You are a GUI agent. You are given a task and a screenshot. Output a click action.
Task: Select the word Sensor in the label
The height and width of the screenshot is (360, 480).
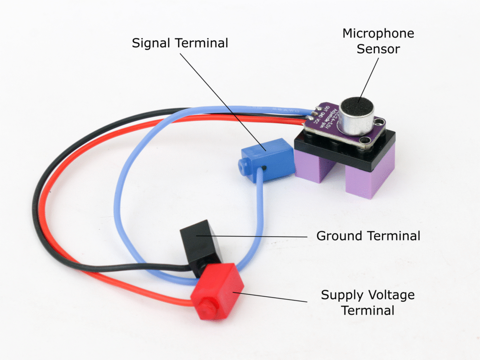point(378,49)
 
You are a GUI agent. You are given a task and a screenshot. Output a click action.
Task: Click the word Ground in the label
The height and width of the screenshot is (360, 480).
point(338,235)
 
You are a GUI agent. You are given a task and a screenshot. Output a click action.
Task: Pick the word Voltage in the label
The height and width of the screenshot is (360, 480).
point(391,295)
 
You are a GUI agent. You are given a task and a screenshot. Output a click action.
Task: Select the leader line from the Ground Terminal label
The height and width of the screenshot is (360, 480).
point(262,236)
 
